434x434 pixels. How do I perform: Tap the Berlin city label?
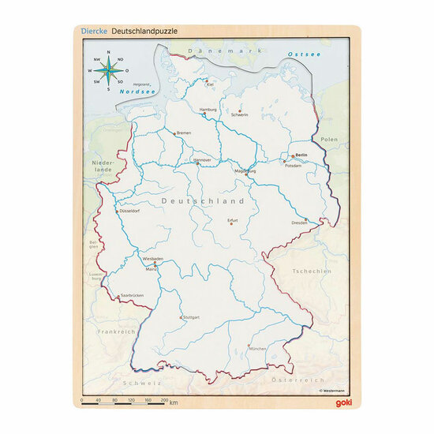[300, 155]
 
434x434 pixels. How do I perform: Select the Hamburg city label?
[208, 110]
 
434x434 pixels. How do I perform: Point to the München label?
[256, 348]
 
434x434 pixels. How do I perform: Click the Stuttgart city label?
[189, 319]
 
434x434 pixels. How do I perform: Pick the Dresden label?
[299, 223]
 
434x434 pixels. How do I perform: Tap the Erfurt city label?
[232, 220]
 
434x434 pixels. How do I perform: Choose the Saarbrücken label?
[131, 296]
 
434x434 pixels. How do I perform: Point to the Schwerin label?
[240, 114]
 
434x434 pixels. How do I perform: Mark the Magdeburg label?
[245, 170]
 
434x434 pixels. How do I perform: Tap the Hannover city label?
[202, 159]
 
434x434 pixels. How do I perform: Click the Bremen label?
[184, 133]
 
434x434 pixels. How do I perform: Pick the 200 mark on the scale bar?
[164, 401]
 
